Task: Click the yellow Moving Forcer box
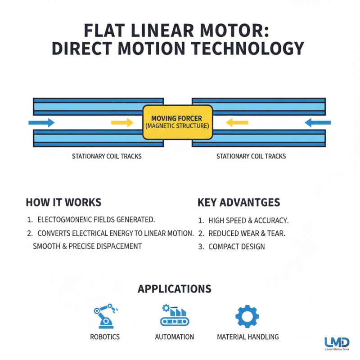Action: tap(177, 121)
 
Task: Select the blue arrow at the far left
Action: tap(41, 122)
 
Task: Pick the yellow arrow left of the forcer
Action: tap(122, 122)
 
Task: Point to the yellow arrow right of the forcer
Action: tap(234, 122)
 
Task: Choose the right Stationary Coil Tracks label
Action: tap(251, 157)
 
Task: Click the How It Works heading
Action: tap(63, 202)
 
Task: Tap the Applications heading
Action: tap(175, 288)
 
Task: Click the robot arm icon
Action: tap(104, 315)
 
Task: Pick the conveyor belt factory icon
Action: tap(174, 315)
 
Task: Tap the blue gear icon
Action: tap(247, 316)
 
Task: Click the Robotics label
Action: tap(105, 337)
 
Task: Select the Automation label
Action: tap(174, 337)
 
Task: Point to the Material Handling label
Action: tap(247, 337)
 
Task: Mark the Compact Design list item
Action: tap(236, 247)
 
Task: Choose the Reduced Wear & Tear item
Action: tap(247, 234)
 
